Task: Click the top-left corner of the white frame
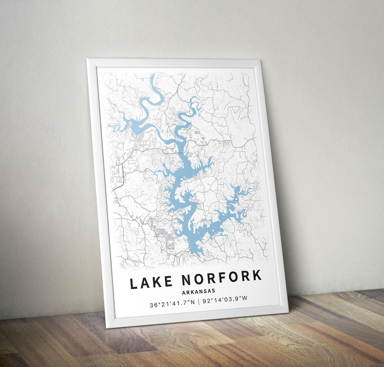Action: tap(87, 59)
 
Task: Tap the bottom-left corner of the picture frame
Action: tap(107, 327)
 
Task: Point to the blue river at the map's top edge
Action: tap(155, 75)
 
